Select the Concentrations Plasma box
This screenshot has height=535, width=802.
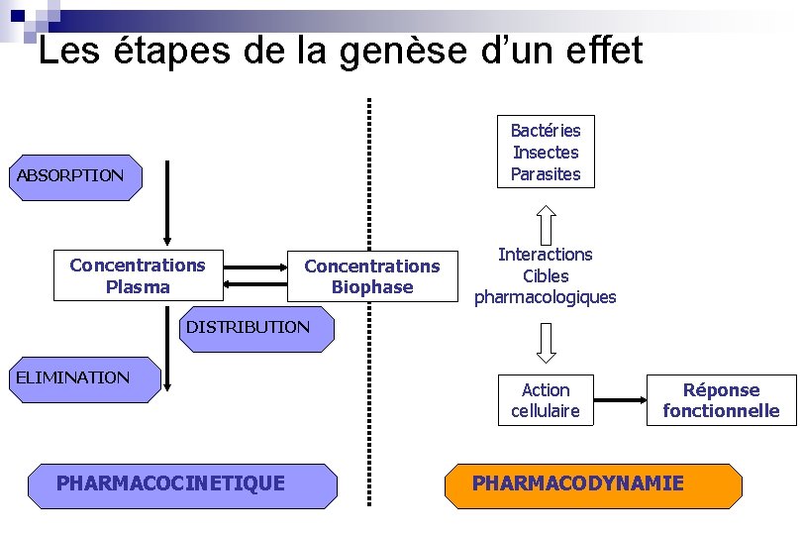coord(137,275)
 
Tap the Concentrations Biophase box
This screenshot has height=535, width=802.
coord(371,276)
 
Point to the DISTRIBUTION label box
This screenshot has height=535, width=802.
coord(248,327)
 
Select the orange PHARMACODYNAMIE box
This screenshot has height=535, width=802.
coord(592,484)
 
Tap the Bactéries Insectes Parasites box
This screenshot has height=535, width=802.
coord(546,153)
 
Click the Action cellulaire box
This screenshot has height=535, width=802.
coord(546,400)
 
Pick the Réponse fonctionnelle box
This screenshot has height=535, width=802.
coord(722,400)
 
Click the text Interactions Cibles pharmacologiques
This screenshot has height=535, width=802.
coord(546,275)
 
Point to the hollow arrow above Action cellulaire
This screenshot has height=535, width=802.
coord(546,342)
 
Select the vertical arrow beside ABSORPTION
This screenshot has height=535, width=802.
coord(168,203)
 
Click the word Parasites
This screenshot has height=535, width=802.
coord(546,175)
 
